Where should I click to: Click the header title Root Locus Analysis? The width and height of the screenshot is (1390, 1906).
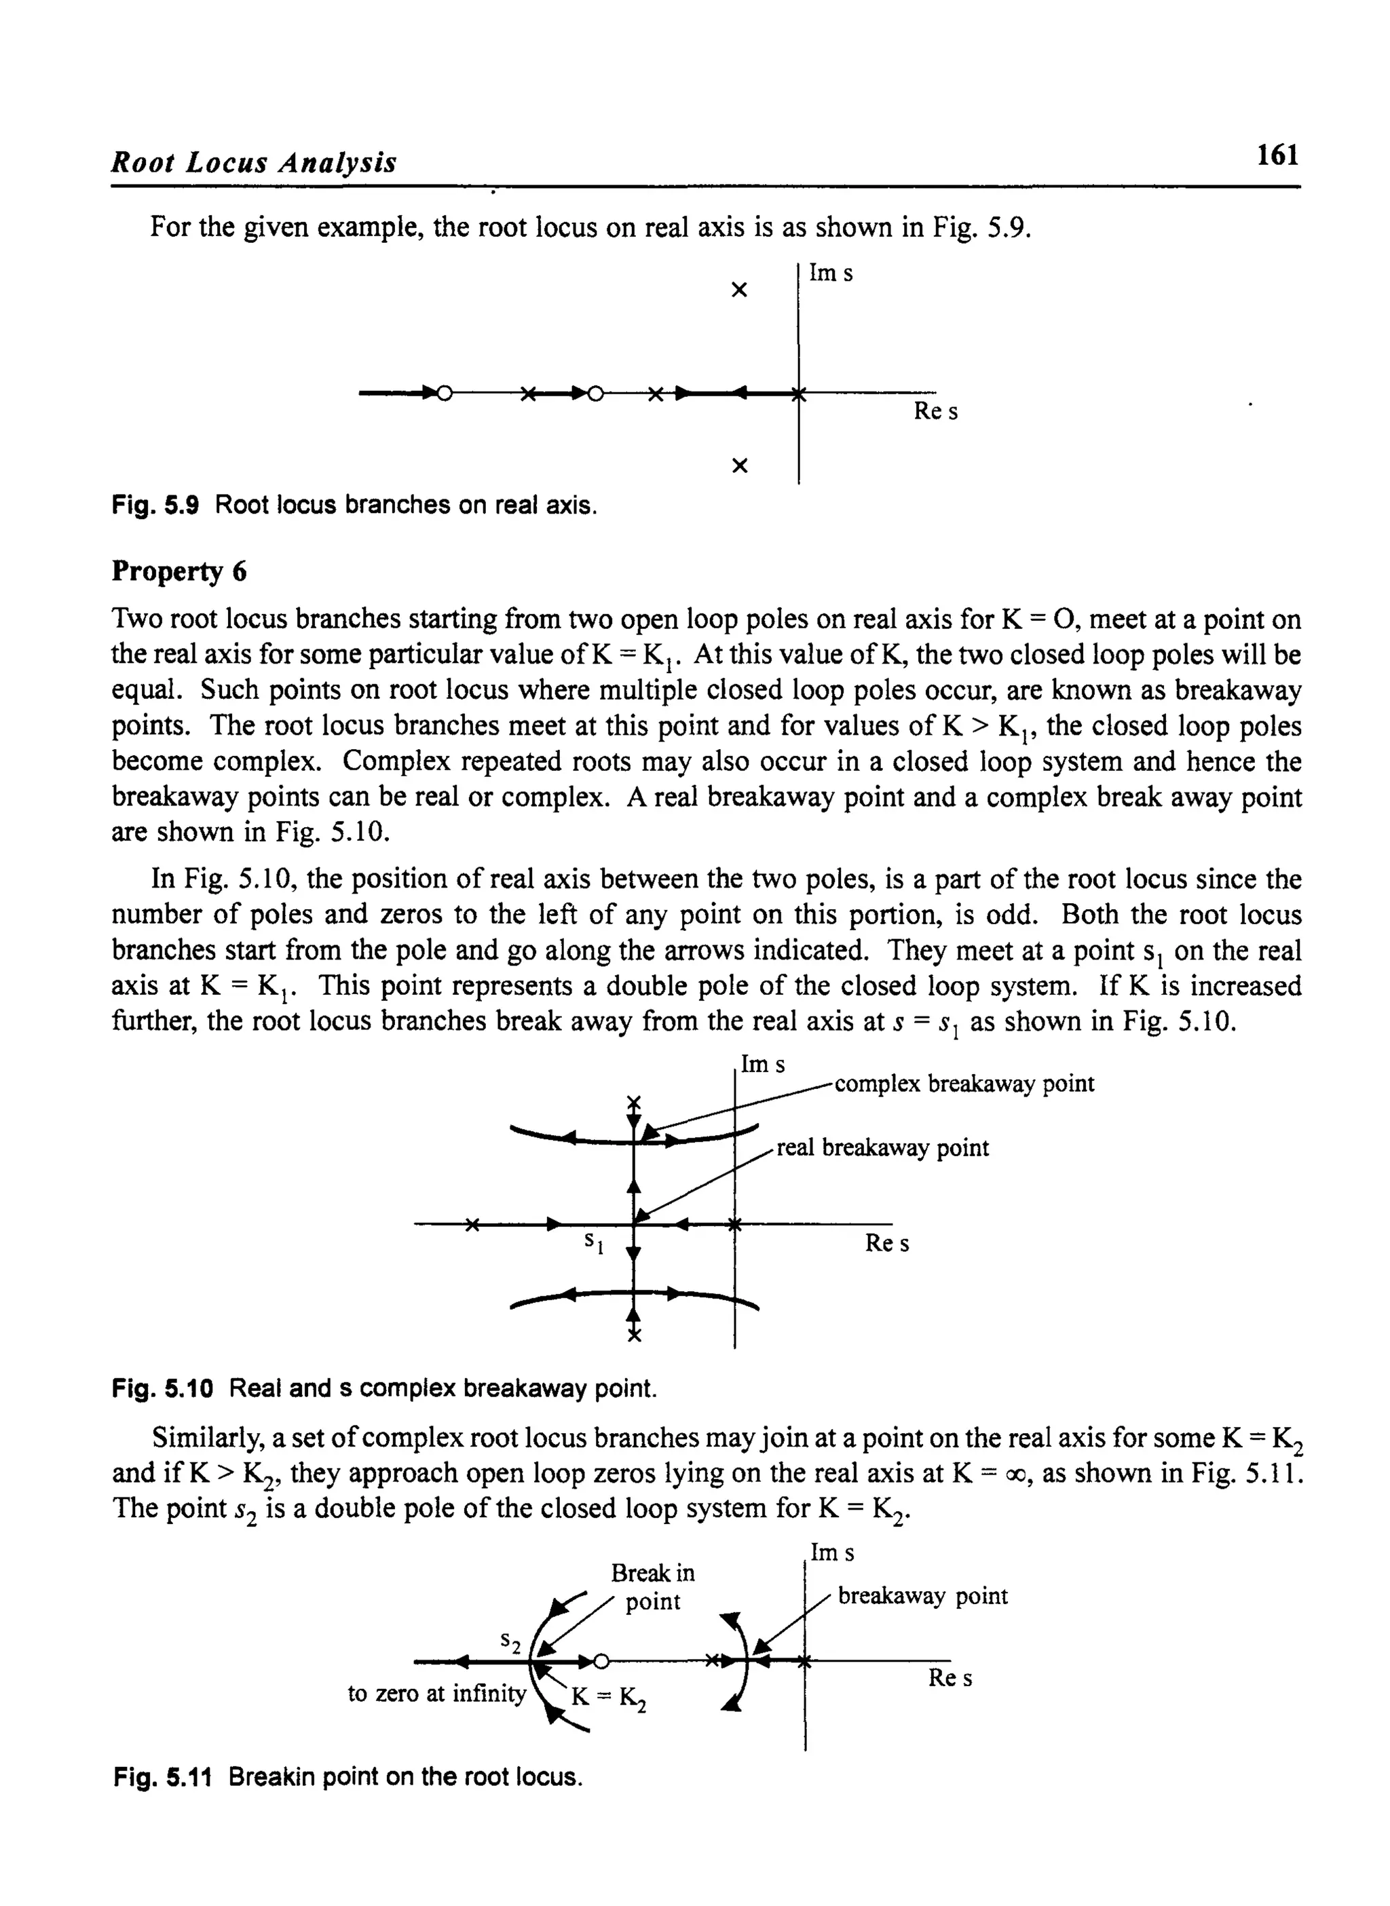[254, 161]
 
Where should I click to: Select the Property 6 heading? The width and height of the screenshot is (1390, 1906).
[179, 571]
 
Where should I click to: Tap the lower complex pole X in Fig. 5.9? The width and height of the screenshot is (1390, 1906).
[740, 465]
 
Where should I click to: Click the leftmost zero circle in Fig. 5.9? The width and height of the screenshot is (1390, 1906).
[445, 393]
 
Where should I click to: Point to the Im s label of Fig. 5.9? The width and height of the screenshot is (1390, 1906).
[831, 273]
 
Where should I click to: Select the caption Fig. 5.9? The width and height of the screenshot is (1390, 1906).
[354, 505]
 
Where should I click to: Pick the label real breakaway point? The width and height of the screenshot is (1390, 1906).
[882, 1147]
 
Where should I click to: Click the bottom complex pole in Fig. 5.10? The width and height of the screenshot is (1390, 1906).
[635, 1335]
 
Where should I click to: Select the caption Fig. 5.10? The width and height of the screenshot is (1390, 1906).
[383, 1388]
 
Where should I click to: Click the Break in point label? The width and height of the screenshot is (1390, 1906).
[653, 1586]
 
